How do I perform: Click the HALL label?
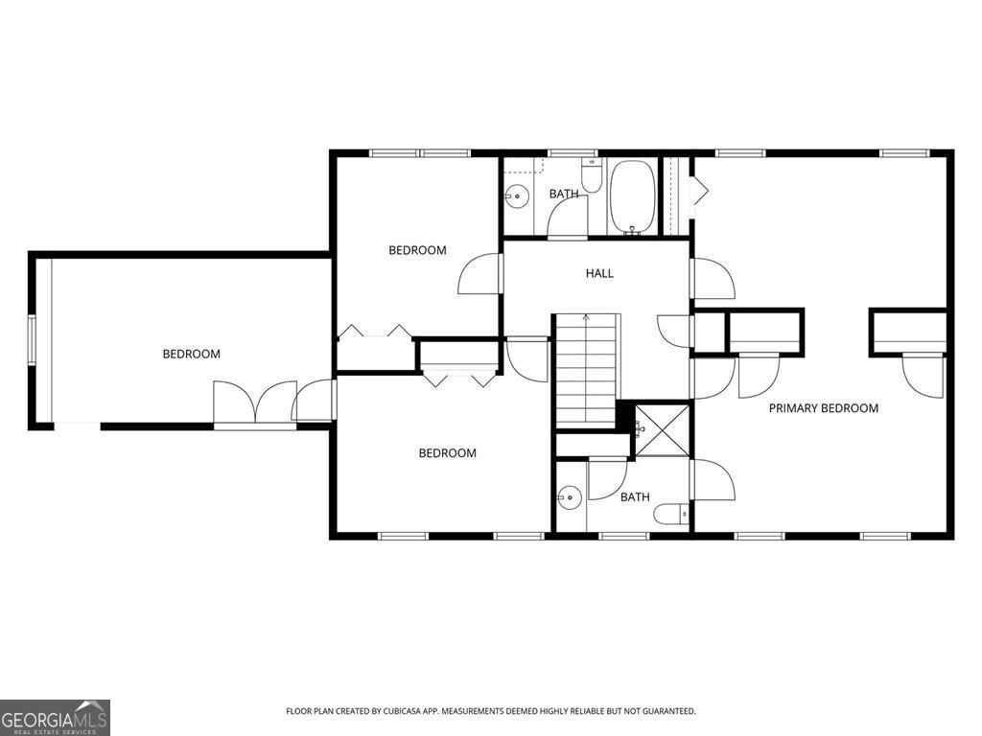(599, 273)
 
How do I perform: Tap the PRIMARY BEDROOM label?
(823, 408)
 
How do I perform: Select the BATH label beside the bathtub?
(563, 195)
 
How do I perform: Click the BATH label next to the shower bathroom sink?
(634, 497)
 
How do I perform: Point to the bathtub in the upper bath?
(632, 196)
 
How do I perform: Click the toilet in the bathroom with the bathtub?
(592, 177)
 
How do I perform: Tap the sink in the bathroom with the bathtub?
(516, 196)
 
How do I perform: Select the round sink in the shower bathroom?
(570, 497)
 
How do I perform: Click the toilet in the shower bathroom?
(671, 515)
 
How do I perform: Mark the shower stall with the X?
(663, 428)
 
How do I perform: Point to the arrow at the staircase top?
(585, 317)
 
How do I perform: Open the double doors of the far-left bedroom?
(255, 402)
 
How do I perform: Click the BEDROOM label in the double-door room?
(191, 354)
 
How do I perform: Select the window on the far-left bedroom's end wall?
(32, 339)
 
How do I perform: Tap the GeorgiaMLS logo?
(55, 717)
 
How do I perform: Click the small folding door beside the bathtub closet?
(699, 191)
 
